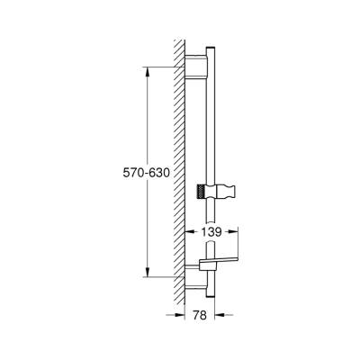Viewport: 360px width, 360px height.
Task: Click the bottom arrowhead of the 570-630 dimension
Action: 144,274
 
